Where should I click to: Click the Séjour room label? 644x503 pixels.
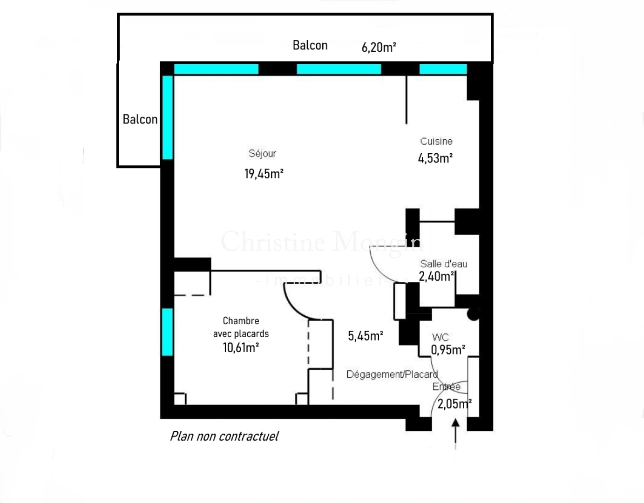[x=262, y=153]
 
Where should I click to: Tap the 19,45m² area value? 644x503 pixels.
[x=264, y=174]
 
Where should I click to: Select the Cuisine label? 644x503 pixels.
[x=436, y=141]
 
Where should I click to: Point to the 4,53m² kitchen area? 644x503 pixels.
[x=435, y=158]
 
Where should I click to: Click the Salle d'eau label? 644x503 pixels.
[x=443, y=264]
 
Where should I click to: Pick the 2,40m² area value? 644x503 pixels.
[x=436, y=276]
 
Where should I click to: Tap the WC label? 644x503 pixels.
[x=440, y=337]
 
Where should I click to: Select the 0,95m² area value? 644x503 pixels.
[x=447, y=350]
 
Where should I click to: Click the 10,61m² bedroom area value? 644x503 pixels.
[x=240, y=347]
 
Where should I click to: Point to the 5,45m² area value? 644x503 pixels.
[x=366, y=336]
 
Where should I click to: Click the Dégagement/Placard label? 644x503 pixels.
[x=392, y=374]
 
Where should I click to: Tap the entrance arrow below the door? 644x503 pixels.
[x=455, y=433]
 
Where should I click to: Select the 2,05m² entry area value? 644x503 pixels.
[x=454, y=404]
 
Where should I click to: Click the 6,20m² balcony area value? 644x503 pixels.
[x=379, y=47]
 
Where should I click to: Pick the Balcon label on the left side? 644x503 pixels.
[x=140, y=119]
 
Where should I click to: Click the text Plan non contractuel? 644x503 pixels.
[x=224, y=436]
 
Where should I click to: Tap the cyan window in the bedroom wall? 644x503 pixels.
[x=167, y=332]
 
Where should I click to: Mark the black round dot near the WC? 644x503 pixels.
[x=473, y=315]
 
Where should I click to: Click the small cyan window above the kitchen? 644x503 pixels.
[x=443, y=69]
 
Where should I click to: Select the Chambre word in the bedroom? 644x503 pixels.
[x=241, y=321]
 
